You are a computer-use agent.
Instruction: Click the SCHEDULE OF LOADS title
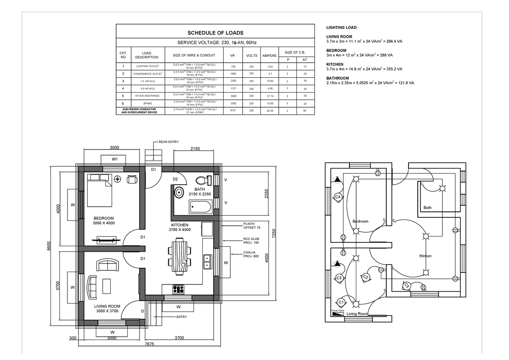pos(215,33)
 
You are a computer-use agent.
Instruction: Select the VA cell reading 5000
pos(232,96)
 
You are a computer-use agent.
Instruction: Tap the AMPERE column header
pos(269,56)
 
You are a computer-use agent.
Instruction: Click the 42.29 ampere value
pos(270,111)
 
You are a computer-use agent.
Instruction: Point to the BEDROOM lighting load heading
pos(336,51)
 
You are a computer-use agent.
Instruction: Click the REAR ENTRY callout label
pos(168,142)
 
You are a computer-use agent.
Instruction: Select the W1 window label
pos(115,159)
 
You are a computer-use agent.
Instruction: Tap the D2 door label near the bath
pos(175,179)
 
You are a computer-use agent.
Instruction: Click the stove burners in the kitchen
pos(178,290)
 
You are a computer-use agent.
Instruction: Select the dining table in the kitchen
pos(179,256)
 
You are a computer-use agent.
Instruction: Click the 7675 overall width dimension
pos(149,343)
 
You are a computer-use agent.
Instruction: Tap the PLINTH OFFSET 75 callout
pos(252,226)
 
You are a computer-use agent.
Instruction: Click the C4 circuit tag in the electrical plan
pos(338,197)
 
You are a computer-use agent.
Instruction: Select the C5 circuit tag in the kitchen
pos(406,286)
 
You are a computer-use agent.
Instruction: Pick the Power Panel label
pos(338,311)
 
